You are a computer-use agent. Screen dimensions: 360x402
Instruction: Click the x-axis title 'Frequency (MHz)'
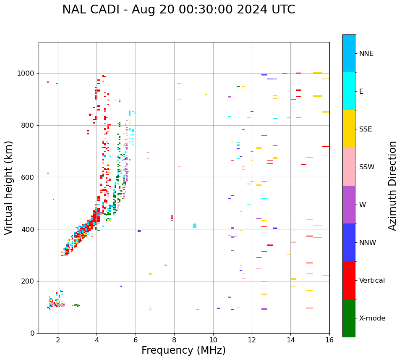coord(183,350)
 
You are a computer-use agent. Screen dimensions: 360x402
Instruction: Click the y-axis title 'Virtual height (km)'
coord(9,187)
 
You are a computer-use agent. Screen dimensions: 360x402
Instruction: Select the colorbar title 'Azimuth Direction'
coord(392,186)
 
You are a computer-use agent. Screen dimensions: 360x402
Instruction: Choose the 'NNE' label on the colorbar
coord(366,54)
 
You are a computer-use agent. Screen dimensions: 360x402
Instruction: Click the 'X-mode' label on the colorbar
coord(372,318)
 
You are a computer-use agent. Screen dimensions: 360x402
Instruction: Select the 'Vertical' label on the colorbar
coord(372,281)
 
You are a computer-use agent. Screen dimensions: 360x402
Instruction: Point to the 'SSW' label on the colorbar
coord(366,167)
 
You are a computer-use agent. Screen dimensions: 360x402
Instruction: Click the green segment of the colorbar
coord(349,318)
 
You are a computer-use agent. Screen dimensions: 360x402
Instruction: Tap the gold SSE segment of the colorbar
coord(349,129)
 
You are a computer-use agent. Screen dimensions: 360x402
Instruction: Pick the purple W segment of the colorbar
coord(349,205)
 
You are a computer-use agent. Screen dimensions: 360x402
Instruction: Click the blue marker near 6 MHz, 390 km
coord(139,231)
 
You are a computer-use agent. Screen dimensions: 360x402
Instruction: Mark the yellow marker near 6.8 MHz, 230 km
coord(150,273)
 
